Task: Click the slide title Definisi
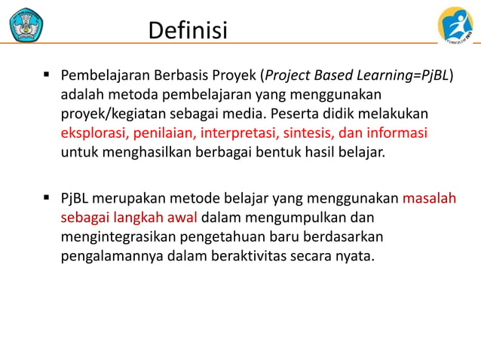click(188, 30)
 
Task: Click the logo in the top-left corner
click(26, 24)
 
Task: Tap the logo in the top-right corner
click(455, 26)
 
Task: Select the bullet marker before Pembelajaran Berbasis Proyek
click(46, 75)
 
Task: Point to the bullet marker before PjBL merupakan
click(46, 199)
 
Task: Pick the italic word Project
click(286, 76)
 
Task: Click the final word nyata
click(354, 256)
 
